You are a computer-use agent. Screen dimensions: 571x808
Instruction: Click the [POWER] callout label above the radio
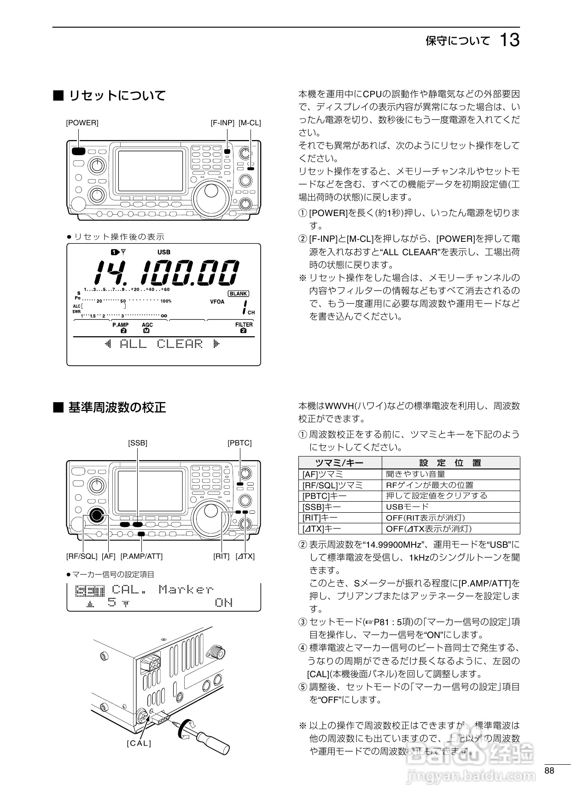(x=82, y=123)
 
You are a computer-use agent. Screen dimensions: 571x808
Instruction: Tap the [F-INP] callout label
(x=222, y=123)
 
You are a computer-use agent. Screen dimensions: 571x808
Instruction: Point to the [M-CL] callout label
(x=250, y=123)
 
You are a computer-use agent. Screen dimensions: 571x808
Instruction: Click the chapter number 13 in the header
(x=509, y=40)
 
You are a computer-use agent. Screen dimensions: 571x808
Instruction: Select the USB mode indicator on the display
(x=163, y=252)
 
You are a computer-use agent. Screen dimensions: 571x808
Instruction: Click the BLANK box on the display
(x=238, y=293)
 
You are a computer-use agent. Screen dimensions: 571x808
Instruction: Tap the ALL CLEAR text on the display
(x=161, y=344)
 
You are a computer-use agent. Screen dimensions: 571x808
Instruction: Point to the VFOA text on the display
(x=217, y=302)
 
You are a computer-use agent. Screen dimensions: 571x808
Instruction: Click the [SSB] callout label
(x=138, y=443)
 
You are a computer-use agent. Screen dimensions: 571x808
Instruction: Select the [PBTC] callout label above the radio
(x=239, y=443)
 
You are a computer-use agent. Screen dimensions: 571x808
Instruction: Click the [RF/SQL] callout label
(x=82, y=556)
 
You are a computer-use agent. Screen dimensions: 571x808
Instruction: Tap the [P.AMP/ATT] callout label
(x=141, y=556)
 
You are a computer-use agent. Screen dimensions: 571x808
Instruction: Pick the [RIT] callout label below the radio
(x=221, y=556)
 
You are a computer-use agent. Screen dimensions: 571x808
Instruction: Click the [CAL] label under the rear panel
(x=139, y=743)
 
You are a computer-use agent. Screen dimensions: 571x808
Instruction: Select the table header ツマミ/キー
(x=340, y=463)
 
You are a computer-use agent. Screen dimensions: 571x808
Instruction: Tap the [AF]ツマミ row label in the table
(x=323, y=474)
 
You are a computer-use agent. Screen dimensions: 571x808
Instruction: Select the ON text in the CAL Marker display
(x=224, y=603)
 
